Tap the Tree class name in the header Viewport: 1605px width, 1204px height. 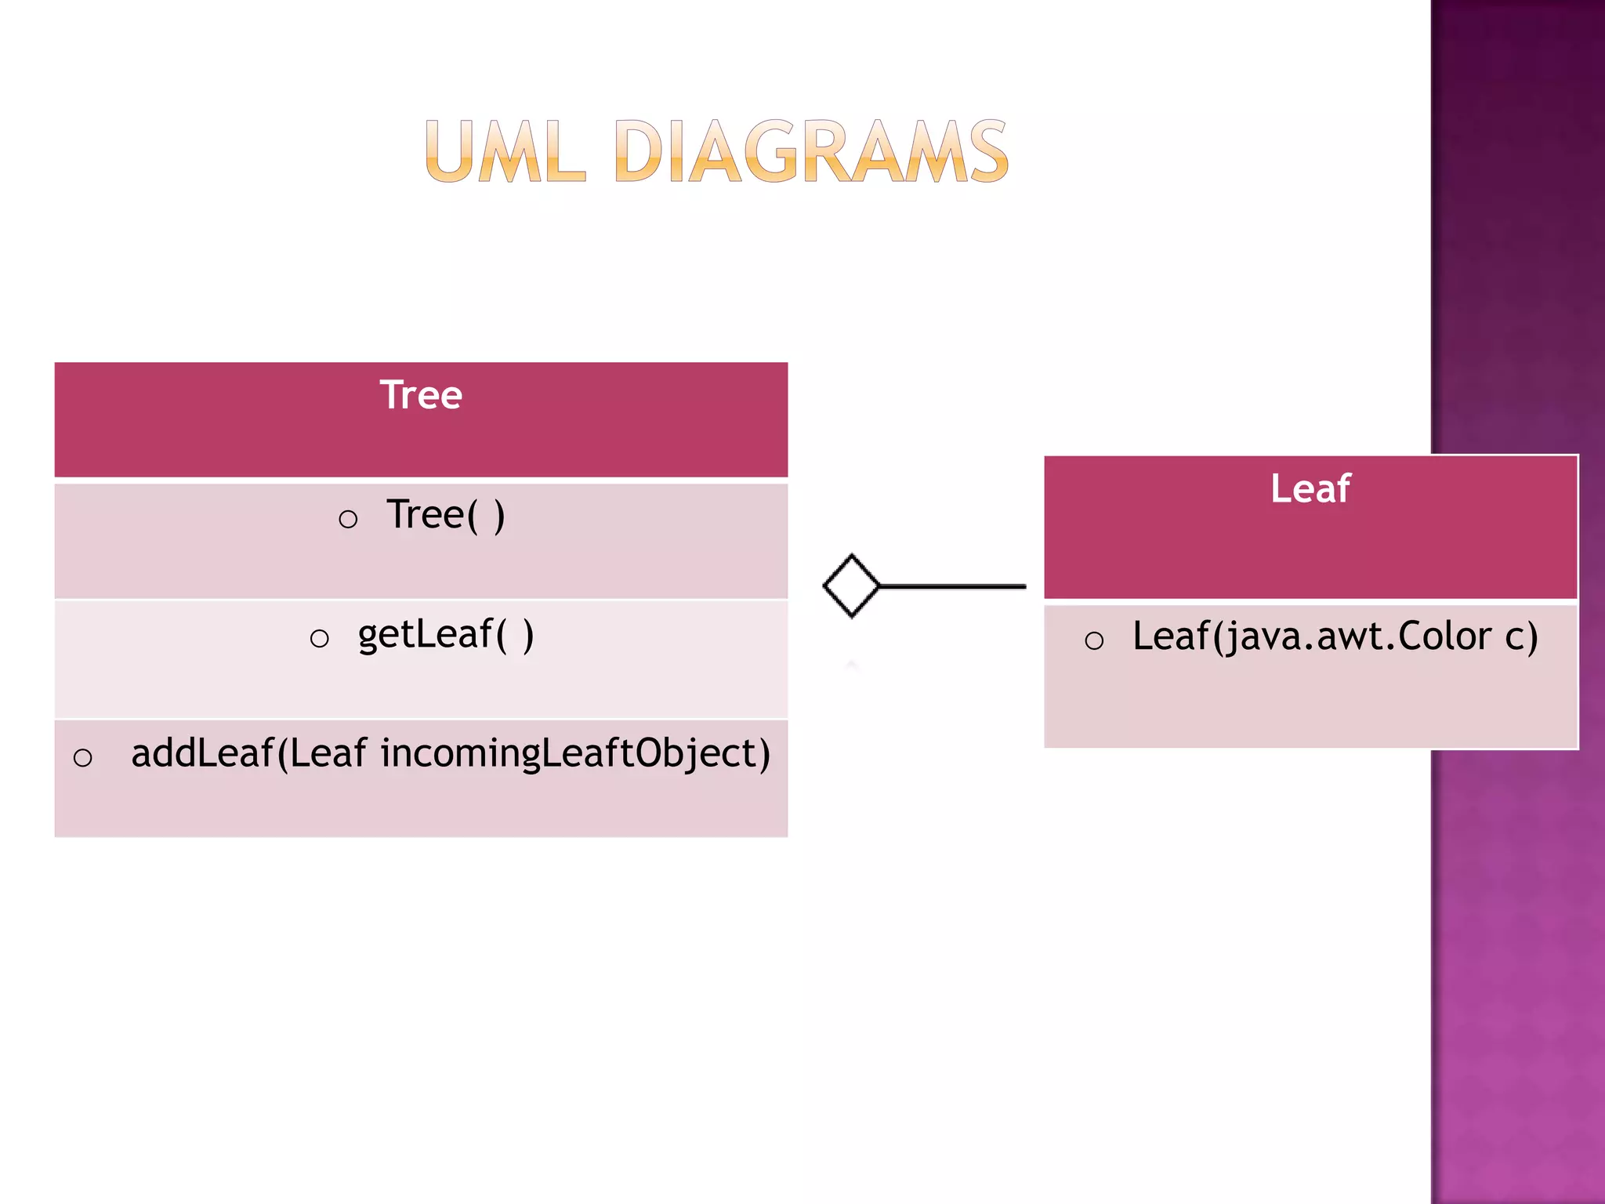[x=421, y=394]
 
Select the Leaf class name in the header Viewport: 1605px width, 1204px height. [x=1310, y=488]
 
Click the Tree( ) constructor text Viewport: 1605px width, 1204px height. [x=445, y=515]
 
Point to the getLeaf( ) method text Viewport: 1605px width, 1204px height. [x=445, y=634]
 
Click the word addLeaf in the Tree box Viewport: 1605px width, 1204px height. [x=201, y=753]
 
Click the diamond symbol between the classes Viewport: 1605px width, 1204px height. [x=851, y=586]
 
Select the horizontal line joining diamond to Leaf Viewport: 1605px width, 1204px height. [x=952, y=586]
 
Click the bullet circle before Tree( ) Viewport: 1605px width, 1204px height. [x=348, y=519]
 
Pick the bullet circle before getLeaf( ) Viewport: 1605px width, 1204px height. [x=319, y=638]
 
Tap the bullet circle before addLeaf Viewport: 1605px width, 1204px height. [x=82, y=757]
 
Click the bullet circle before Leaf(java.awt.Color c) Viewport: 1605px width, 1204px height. [x=1094, y=641]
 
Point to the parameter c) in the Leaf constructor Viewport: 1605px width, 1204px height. [x=1521, y=636]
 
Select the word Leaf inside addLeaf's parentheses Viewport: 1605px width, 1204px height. [x=328, y=753]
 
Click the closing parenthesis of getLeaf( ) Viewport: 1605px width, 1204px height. [x=528, y=634]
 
